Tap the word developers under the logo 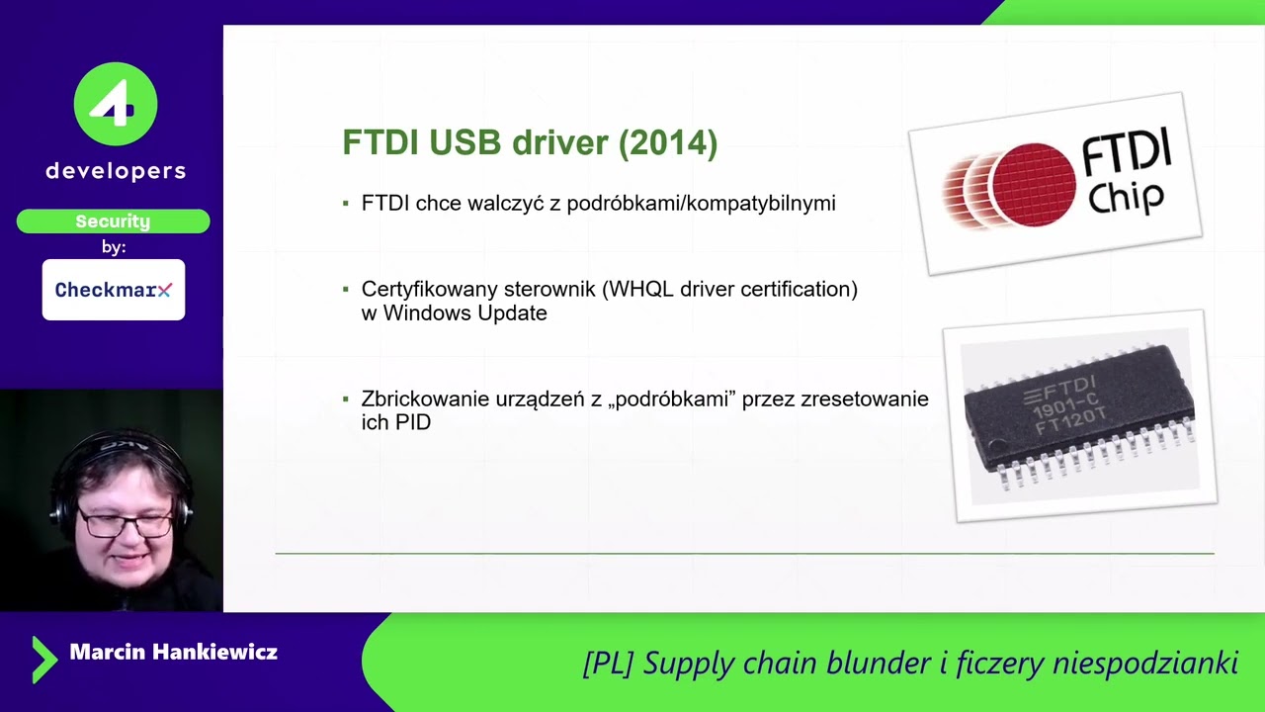pyautogui.click(x=116, y=171)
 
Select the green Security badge pyautogui.click(x=113, y=222)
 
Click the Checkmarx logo pyautogui.click(x=113, y=290)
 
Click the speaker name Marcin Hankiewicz pyautogui.click(x=173, y=653)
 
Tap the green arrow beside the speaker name pyautogui.click(x=43, y=660)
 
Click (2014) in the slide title pyautogui.click(x=667, y=142)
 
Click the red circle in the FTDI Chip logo pyautogui.click(x=1032, y=185)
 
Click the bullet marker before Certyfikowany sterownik pyautogui.click(x=346, y=290)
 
